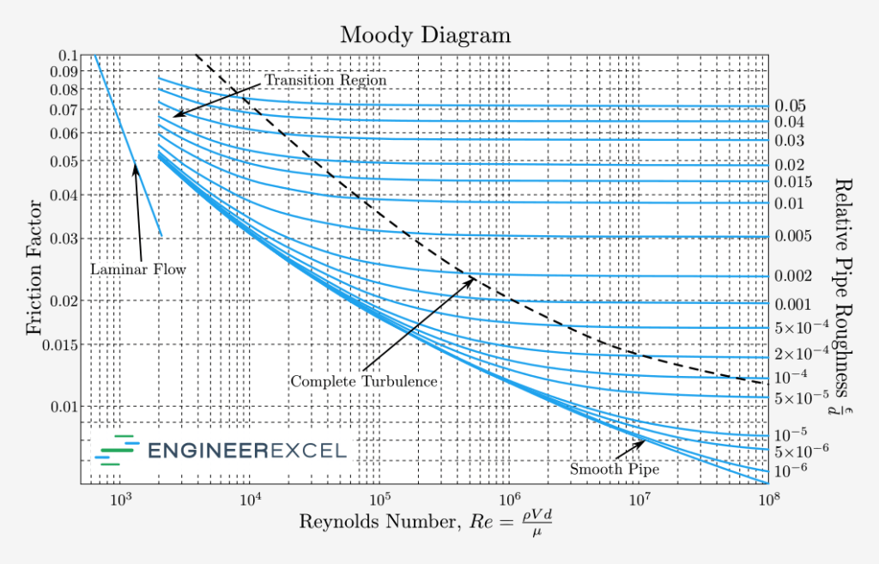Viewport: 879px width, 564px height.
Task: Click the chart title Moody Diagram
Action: click(x=425, y=35)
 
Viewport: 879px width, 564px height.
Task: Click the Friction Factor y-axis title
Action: click(x=33, y=268)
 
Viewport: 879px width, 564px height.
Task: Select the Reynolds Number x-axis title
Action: click(x=424, y=523)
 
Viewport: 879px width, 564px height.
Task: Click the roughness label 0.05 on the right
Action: click(x=790, y=106)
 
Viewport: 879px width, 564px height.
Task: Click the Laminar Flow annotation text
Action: click(x=138, y=270)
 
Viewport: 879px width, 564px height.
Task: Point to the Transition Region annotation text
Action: click(x=325, y=80)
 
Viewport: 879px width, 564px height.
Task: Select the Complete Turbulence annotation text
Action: click(x=365, y=380)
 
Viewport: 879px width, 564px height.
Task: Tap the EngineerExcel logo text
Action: click(x=247, y=450)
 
